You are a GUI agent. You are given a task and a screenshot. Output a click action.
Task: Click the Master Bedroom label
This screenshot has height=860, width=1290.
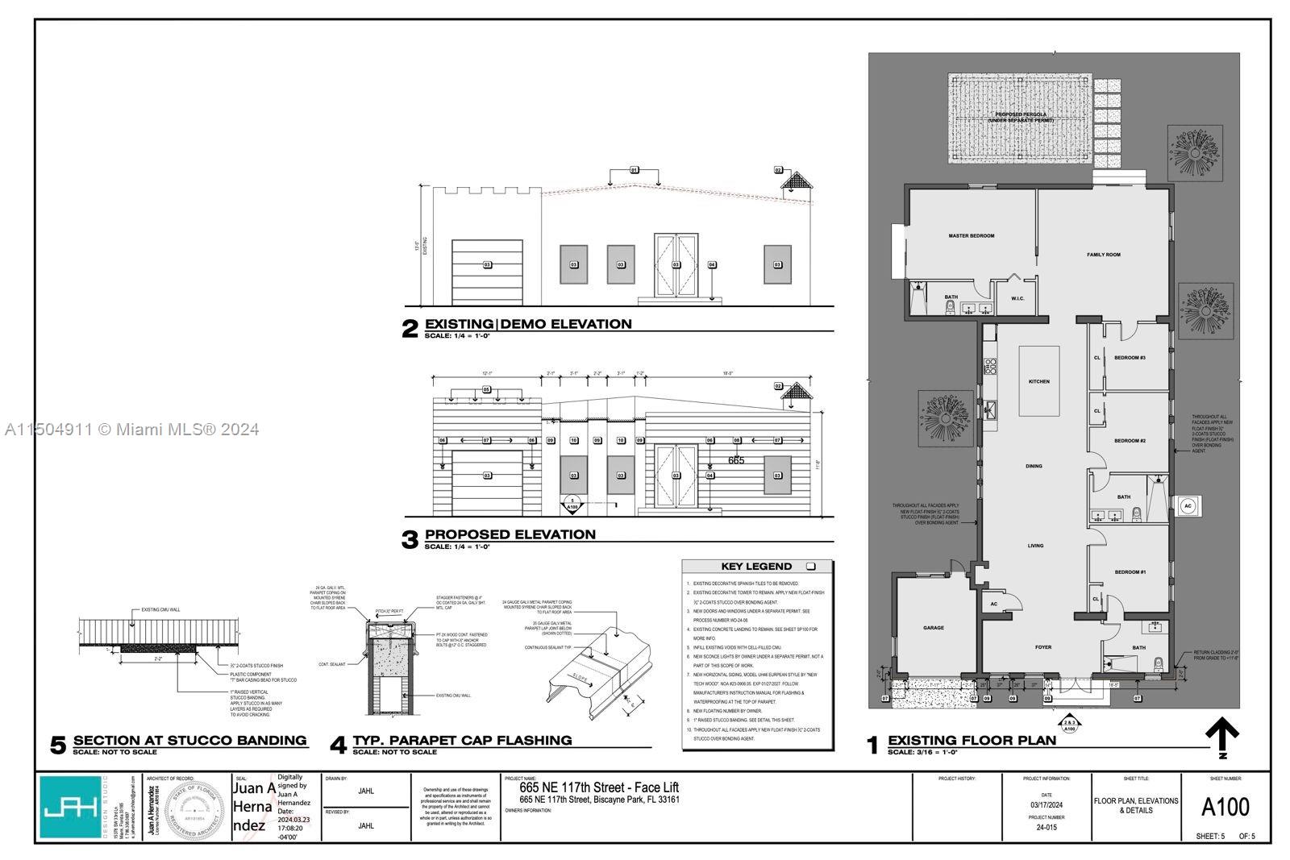pyautogui.click(x=971, y=236)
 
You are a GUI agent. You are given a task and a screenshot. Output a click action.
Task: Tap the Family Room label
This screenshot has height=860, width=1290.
pyautogui.click(x=1103, y=255)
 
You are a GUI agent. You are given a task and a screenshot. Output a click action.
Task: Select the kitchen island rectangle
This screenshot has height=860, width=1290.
pyautogui.click(x=1038, y=381)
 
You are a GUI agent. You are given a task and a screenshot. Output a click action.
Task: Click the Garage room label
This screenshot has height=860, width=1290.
pyautogui.click(x=933, y=628)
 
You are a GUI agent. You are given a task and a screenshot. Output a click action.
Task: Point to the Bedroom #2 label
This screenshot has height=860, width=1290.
pyautogui.click(x=1130, y=441)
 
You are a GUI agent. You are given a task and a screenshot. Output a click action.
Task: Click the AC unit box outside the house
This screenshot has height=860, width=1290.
pyautogui.click(x=1187, y=506)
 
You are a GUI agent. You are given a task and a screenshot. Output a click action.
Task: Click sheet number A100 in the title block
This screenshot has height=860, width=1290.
pyautogui.click(x=1225, y=807)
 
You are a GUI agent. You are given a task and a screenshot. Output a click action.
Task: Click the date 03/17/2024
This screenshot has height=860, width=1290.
pyautogui.click(x=1046, y=804)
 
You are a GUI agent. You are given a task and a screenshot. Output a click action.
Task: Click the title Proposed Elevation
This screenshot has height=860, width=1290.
pyautogui.click(x=510, y=534)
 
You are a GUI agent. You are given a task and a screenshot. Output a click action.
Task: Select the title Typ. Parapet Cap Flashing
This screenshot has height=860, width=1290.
pyautogui.click(x=462, y=740)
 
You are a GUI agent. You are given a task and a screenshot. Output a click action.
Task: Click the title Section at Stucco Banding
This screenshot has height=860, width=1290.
pyautogui.click(x=189, y=740)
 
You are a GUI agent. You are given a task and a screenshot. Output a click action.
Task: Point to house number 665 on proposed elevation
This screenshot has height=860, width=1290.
pyautogui.click(x=735, y=460)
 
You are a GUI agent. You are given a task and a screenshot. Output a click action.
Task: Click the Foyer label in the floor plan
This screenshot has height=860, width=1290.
pyautogui.click(x=1043, y=646)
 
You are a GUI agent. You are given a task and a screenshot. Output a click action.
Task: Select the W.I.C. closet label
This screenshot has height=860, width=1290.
pyautogui.click(x=1017, y=298)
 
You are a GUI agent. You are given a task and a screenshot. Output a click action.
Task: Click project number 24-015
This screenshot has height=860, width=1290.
pyautogui.click(x=1046, y=827)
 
